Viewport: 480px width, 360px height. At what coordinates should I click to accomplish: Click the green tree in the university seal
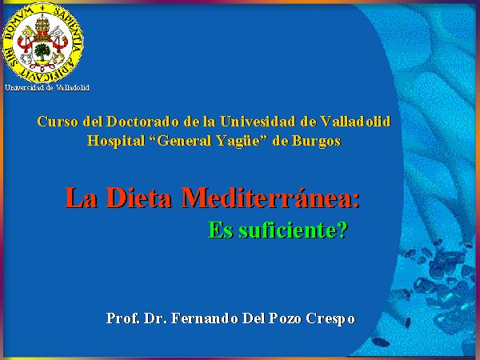[x=42, y=51]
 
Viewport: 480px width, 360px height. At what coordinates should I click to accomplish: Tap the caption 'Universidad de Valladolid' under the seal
[x=47, y=88]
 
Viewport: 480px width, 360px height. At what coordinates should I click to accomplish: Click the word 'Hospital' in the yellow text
[x=116, y=141]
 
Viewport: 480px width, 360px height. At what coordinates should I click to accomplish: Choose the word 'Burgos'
[x=316, y=142]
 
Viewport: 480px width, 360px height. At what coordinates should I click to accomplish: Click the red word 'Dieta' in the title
[x=138, y=198]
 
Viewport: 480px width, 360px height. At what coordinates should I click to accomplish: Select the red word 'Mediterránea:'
[x=270, y=198]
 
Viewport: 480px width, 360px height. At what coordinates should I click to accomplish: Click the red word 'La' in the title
[x=81, y=198]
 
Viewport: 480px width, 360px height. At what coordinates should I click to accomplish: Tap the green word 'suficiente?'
[x=293, y=230]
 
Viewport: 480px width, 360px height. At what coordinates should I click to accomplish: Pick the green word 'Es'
[x=221, y=230]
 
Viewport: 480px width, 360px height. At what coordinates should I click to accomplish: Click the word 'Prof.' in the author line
[x=122, y=318]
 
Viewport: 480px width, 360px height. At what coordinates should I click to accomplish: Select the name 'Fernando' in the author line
[x=205, y=318]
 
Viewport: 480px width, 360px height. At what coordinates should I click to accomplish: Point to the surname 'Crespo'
[x=330, y=319]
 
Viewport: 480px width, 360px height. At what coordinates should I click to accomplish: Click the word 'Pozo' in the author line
[x=286, y=318]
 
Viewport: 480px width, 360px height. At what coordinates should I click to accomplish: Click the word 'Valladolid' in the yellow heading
[x=356, y=122]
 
